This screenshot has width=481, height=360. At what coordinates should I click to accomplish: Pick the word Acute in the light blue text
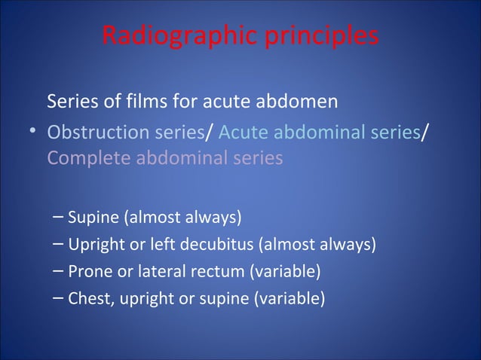243,132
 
